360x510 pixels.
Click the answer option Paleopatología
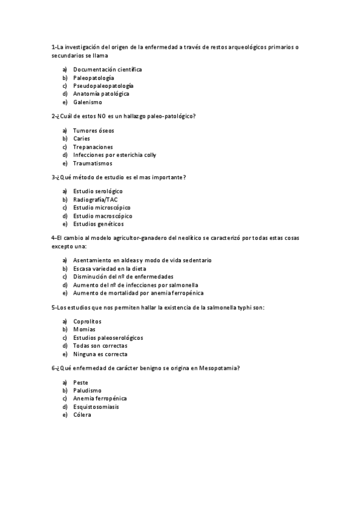click(x=93, y=78)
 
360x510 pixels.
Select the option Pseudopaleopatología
click(x=103, y=86)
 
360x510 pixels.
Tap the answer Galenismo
click(x=88, y=102)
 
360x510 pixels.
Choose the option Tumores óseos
click(x=93, y=131)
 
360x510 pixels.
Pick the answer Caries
click(x=82, y=138)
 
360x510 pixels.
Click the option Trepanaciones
click(x=93, y=147)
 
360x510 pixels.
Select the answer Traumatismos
click(x=93, y=163)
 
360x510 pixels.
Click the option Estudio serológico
click(x=97, y=191)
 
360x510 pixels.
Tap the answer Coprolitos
click(x=87, y=322)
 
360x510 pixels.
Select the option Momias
click(x=84, y=330)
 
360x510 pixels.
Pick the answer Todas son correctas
click(x=100, y=346)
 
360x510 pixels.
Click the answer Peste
click(x=81, y=382)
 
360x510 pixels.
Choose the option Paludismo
click(x=87, y=390)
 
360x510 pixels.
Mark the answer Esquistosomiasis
click(x=96, y=407)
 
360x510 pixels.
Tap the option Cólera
click(x=82, y=415)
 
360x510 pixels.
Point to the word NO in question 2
click(x=102, y=115)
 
